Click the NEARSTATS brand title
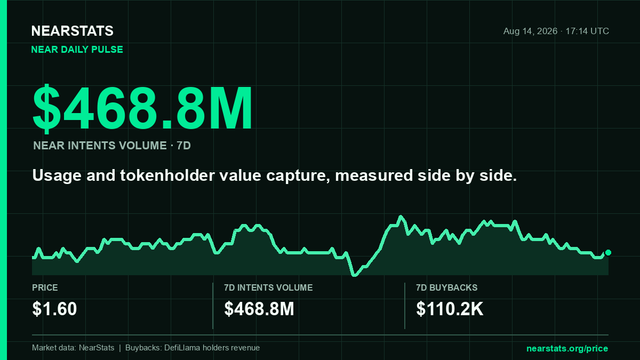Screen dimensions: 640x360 pyautogui.click(x=72, y=31)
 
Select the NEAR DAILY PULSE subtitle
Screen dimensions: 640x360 pyautogui.click(x=77, y=49)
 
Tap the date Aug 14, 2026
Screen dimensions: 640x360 pyautogui.click(x=530, y=31)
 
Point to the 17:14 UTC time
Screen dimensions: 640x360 pyautogui.click(x=587, y=31)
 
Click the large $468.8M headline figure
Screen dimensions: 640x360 pyautogui.click(x=142, y=108)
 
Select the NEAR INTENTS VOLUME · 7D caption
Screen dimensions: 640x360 pyautogui.click(x=112, y=146)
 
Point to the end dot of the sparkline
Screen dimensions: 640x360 pyautogui.click(x=608, y=253)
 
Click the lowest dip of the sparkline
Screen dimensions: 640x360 pyautogui.click(x=354, y=275)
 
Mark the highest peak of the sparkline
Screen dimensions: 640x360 pyautogui.click(x=401, y=217)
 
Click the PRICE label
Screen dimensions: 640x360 pyautogui.click(x=45, y=288)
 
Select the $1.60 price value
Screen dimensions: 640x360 pyautogui.click(x=54, y=309)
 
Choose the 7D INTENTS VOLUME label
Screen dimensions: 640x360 pyautogui.click(x=268, y=288)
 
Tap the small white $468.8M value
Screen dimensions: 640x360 pyautogui.click(x=259, y=309)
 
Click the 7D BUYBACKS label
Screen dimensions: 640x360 pyautogui.click(x=447, y=288)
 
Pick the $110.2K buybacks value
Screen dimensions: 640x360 pyautogui.click(x=449, y=309)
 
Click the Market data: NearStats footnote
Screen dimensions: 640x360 pyautogui.click(x=73, y=348)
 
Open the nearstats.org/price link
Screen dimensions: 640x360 pyautogui.click(x=567, y=349)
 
